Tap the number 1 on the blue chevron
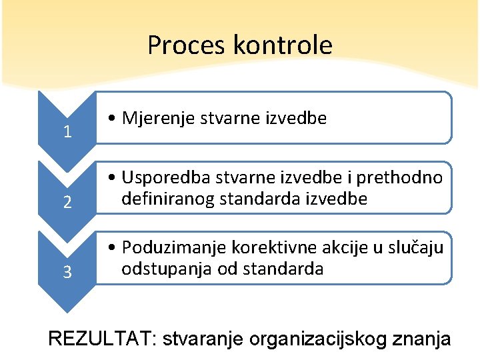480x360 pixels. click(x=67, y=132)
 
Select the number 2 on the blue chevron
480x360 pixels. click(x=67, y=202)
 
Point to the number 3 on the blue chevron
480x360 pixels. click(x=67, y=272)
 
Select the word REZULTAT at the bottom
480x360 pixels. click(x=100, y=339)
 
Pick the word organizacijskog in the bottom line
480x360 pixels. click(x=317, y=339)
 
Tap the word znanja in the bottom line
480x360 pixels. click(x=422, y=339)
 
